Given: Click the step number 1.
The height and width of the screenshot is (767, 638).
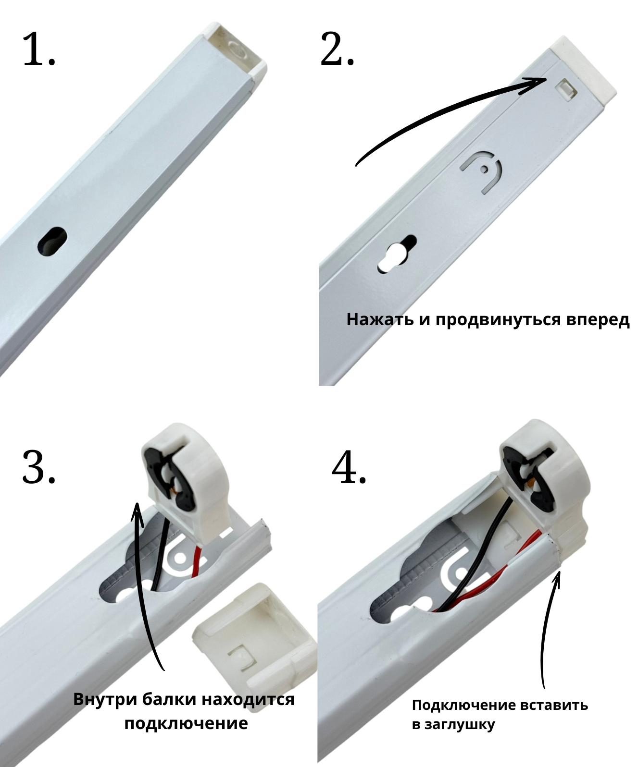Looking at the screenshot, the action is pyautogui.click(x=38, y=49).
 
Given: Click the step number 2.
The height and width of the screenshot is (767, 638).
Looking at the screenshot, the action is pyautogui.click(x=337, y=49).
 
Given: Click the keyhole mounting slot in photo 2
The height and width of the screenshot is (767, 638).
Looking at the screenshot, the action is pyautogui.click(x=396, y=254).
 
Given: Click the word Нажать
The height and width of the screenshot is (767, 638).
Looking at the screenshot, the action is pyautogui.click(x=380, y=320).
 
